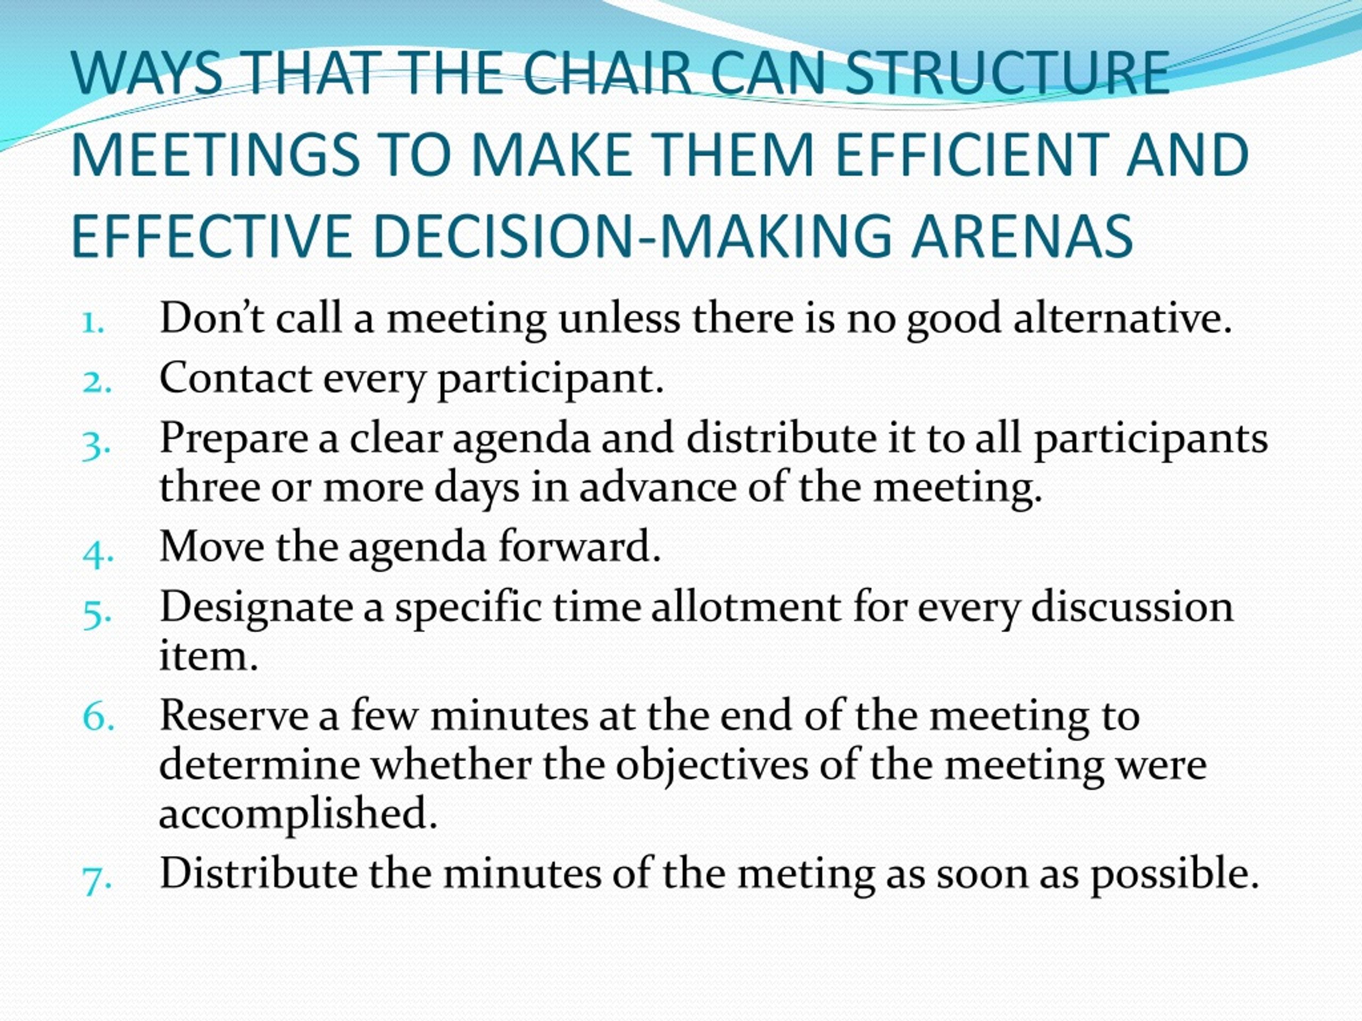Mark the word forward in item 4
pos(579,547)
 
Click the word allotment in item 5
pos(745,607)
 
